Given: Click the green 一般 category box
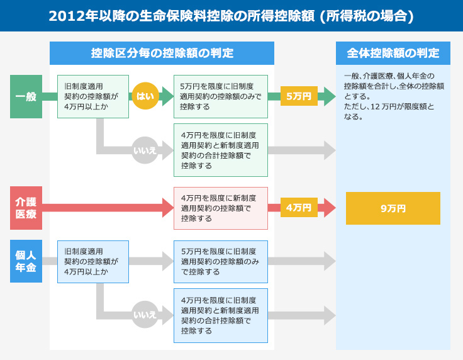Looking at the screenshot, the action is [26, 96].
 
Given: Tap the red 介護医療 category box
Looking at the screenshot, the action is [26, 208].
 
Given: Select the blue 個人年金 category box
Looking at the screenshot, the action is [26, 261].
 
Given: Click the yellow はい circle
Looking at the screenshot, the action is [145, 96].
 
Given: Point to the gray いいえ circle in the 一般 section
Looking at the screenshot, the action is [145, 150].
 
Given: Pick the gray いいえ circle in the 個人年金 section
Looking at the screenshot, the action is [145, 315].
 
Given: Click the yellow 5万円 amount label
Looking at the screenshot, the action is [299, 96].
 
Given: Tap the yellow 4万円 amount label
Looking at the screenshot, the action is [299, 208].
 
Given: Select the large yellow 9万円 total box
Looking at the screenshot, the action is [393, 208].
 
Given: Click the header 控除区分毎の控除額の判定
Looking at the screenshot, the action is [162, 53].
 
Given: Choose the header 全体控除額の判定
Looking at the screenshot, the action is [393, 53].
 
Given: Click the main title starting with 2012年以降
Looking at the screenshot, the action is [231, 16].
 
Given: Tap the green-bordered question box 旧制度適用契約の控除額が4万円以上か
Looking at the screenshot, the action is [93, 96].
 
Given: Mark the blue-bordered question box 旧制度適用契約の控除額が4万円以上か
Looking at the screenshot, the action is [93, 262].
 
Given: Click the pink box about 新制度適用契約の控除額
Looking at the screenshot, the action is [221, 208].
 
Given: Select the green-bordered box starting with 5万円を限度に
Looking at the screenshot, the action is [221, 96].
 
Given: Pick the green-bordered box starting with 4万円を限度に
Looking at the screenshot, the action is [221, 150].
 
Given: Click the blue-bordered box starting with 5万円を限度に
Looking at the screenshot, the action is [221, 262].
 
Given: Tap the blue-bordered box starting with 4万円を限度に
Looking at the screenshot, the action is [221, 316].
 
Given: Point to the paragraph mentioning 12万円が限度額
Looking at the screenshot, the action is [394, 96].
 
